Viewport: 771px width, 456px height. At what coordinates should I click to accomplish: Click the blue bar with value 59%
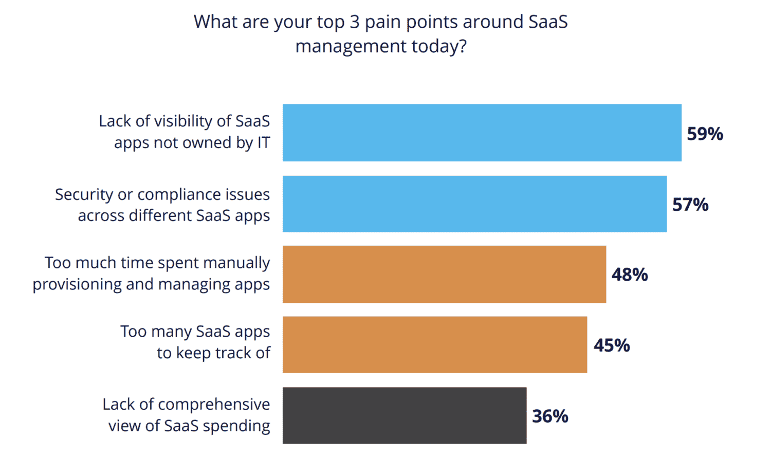click(482, 133)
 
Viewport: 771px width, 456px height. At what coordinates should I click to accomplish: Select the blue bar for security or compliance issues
click(474, 204)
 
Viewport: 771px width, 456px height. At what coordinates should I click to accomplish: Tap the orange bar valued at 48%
click(444, 274)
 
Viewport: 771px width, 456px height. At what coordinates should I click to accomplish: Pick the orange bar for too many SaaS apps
click(434, 344)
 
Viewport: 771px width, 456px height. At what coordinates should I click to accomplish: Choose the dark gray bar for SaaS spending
click(404, 415)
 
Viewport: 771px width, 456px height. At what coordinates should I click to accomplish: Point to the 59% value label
click(705, 134)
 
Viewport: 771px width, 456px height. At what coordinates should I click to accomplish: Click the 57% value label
click(690, 205)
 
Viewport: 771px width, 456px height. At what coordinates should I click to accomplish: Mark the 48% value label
click(629, 275)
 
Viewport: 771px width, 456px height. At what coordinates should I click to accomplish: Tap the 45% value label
click(612, 345)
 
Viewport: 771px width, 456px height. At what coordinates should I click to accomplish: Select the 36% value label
click(550, 416)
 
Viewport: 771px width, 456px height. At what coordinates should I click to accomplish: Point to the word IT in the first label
click(264, 143)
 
